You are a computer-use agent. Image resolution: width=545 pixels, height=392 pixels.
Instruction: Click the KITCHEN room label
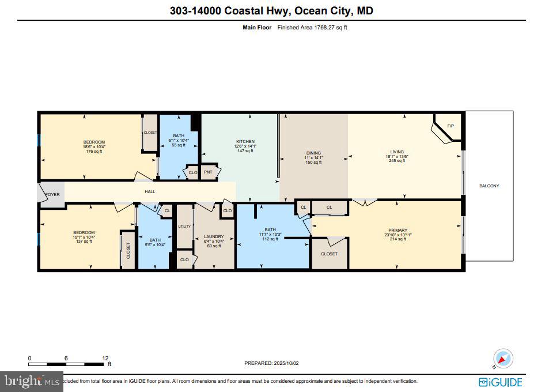click(x=245, y=141)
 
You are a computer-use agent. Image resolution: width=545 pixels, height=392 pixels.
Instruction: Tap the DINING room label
click(x=313, y=153)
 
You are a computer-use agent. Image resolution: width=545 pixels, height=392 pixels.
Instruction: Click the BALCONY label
click(x=489, y=186)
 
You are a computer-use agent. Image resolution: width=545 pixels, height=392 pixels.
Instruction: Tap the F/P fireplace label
click(x=451, y=126)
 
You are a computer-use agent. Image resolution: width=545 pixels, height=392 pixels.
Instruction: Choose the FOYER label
click(x=52, y=194)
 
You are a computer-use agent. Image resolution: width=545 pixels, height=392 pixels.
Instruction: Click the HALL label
click(x=150, y=191)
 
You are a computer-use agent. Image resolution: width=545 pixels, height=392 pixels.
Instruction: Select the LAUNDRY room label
click(x=214, y=236)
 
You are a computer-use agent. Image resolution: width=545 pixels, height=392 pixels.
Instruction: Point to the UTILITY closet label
click(x=184, y=227)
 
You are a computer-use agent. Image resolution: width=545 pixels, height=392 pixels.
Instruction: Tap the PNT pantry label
click(x=208, y=172)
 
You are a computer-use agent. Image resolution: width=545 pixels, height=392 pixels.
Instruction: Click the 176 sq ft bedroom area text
click(x=94, y=152)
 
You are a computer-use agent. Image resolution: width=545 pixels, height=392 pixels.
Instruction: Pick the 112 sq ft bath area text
click(x=270, y=239)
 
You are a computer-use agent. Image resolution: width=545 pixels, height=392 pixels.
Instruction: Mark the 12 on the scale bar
click(x=105, y=358)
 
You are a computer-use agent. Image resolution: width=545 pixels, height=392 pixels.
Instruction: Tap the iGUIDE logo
click(x=500, y=382)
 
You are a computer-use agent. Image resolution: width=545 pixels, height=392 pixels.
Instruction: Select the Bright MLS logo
click(x=32, y=381)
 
